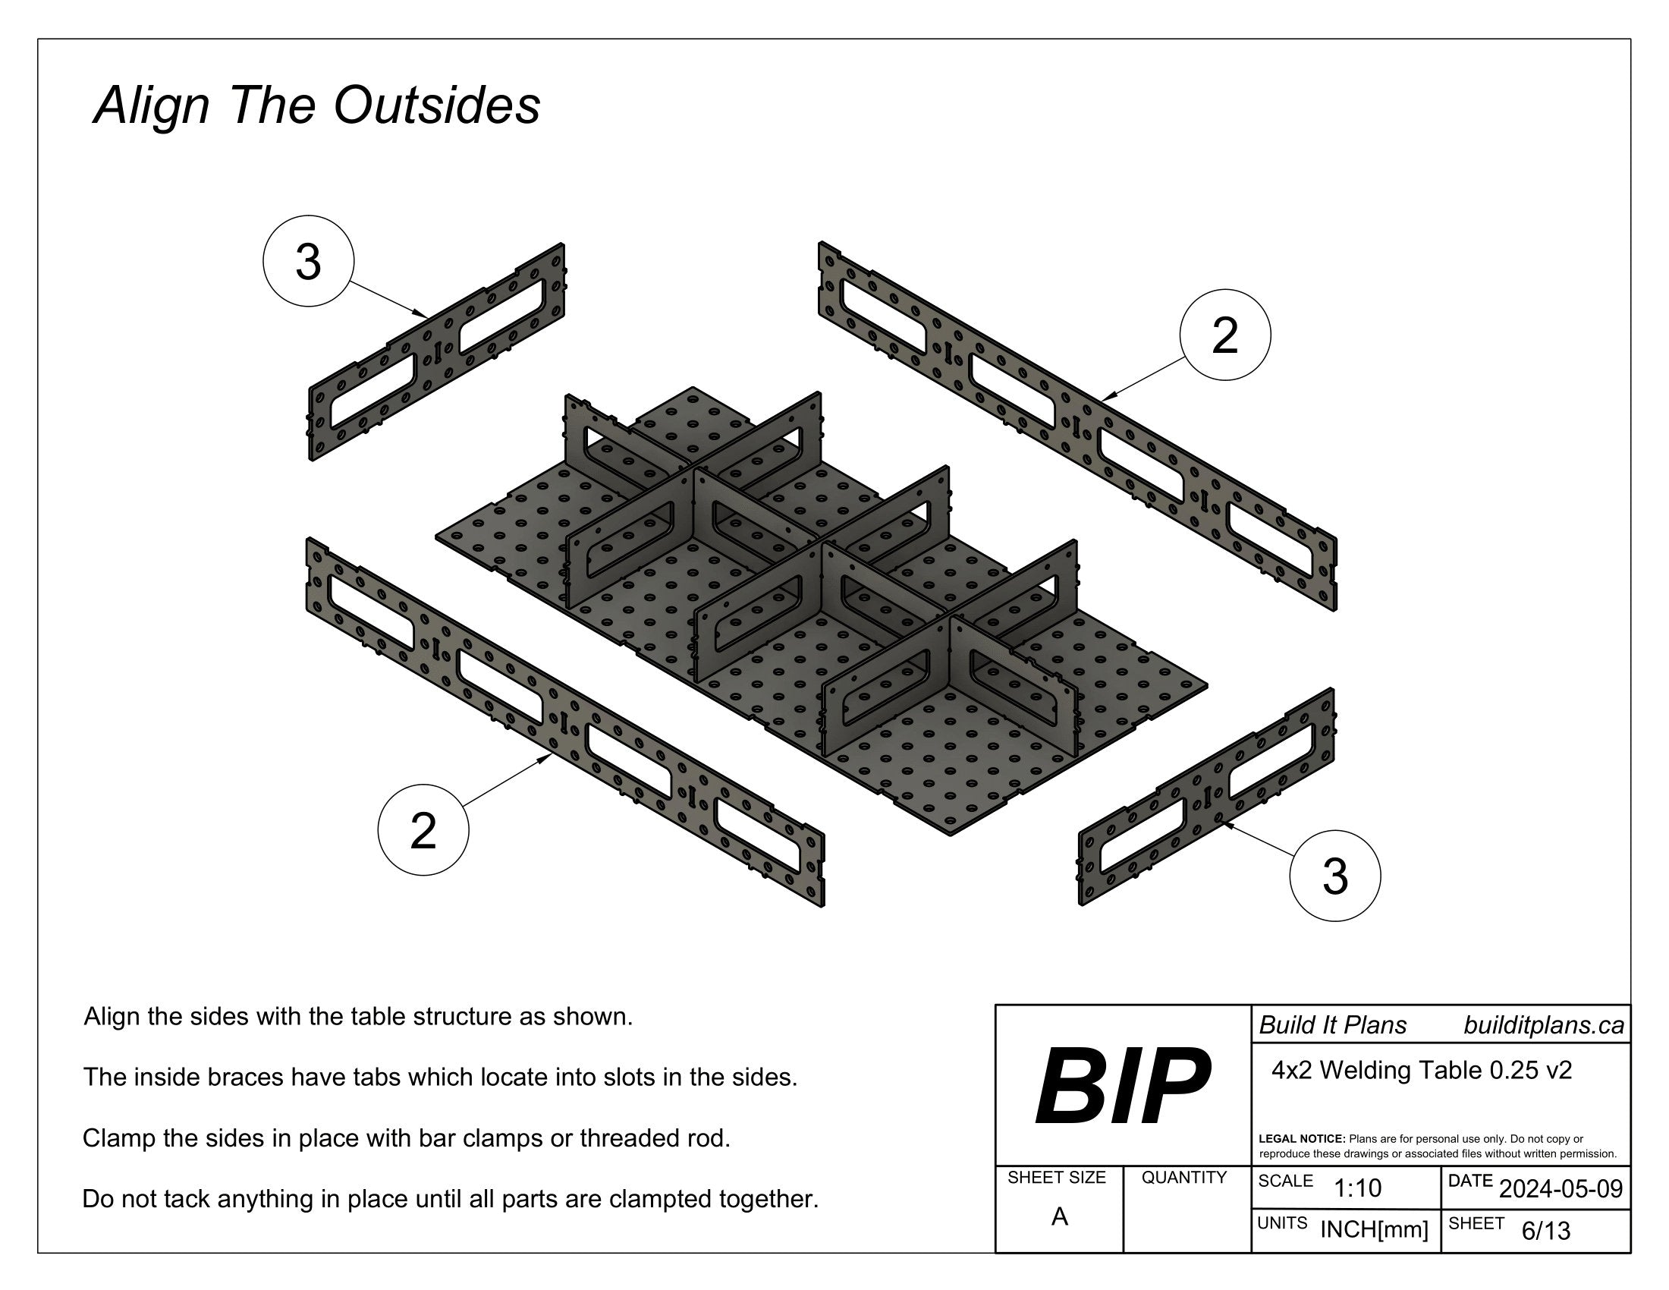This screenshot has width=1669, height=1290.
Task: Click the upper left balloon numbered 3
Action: pyautogui.click(x=308, y=261)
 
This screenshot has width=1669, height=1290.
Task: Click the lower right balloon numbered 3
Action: pyautogui.click(x=1334, y=875)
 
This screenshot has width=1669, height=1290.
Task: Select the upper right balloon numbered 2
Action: pyautogui.click(x=1225, y=335)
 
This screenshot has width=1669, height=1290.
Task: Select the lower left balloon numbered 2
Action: pyautogui.click(x=423, y=830)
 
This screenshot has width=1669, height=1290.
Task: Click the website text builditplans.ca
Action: pyautogui.click(x=1543, y=1025)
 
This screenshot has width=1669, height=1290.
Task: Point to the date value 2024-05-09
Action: pyautogui.click(x=1561, y=1189)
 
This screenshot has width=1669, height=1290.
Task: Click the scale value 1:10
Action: pyautogui.click(x=1357, y=1188)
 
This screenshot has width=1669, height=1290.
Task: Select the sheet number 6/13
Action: pyautogui.click(x=1545, y=1230)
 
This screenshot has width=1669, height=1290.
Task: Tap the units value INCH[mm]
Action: pyautogui.click(x=1374, y=1229)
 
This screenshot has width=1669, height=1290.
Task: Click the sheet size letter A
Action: pyautogui.click(x=1059, y=1216)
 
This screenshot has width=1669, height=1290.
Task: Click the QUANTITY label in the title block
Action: pyautogui.click(x=1183, y=1178)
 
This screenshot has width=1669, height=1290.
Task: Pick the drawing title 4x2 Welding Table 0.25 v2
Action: pyautogui.click(x=1422, y=1071)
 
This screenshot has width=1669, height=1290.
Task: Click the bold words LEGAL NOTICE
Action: pyautogui.click(x=1301, y=1139)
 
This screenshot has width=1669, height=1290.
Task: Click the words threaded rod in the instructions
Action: pyautogui.click(x=654, y=1138)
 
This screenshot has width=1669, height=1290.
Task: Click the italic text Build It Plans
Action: pyautogui.click(x=1332, y=1025)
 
